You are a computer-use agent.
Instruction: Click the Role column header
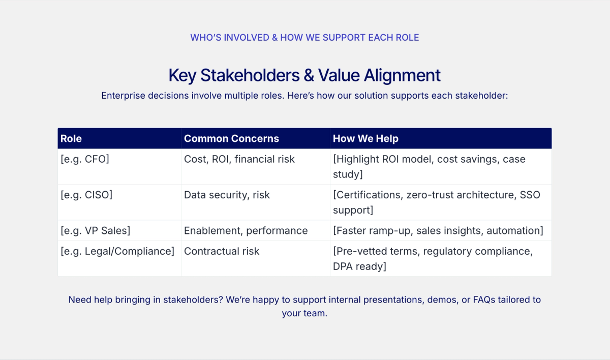(71, 139)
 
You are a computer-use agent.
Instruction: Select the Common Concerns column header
(231, 139)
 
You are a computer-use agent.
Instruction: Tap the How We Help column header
(365, 139)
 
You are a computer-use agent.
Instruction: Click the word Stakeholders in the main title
(250, 75)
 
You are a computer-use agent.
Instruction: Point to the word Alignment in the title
(402, 75)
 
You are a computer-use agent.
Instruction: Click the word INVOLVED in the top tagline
(247, 38)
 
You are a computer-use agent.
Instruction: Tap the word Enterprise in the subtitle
(123, 96)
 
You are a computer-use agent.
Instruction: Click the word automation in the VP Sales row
(515, 231)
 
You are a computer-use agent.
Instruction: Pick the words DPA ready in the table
(359, 266)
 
